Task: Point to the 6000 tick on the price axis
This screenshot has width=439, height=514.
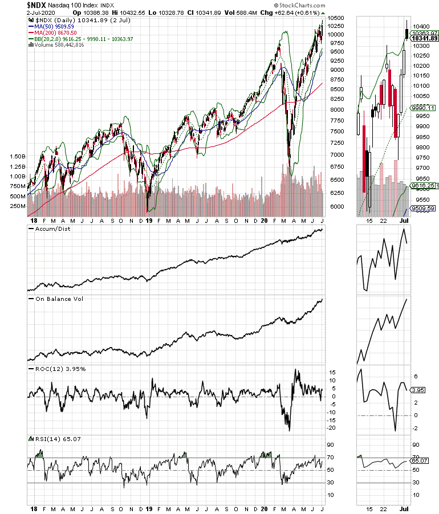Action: point(337,206)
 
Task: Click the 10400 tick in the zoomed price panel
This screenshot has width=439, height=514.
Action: point(422,26)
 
